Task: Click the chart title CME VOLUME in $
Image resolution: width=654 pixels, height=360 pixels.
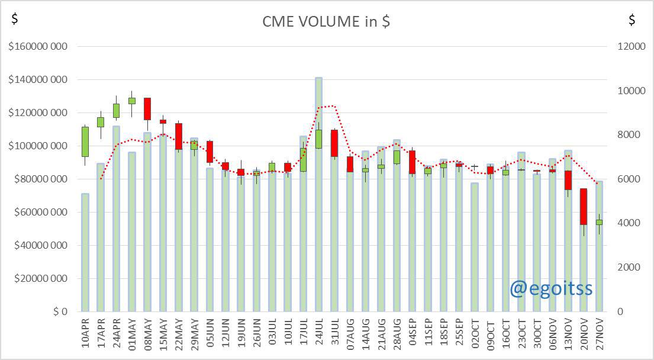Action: pyautogui.click(x=326, y=21)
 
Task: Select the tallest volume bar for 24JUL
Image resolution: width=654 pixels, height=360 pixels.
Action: pyautogui.click(x=318, y=194)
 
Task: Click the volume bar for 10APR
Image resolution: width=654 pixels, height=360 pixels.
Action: pyautogui.click(x=85, y=252)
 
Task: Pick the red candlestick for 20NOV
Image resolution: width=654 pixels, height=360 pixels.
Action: pyautogui.click(x=584, y=207)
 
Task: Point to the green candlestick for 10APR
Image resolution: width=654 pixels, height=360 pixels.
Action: pyautogui.click(x=85, y=142)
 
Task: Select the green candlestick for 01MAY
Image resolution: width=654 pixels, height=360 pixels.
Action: pyautogui.click(x=132, y=101)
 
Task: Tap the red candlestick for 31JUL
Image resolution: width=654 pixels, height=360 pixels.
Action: pyautogui.click(x=334, y=143)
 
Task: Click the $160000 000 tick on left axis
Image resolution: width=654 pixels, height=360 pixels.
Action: pyautogui.click(x=37, y=46)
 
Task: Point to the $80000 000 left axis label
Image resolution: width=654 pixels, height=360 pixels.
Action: pyautogui.click(x=40, y=179)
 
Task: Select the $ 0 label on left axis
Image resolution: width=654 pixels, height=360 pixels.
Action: pyautogui.click(x=60, y=311)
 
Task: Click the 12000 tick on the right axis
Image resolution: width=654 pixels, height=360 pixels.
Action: pyautogui.click(x=631, y=46)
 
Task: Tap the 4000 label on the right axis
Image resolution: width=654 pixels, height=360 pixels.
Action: pyautogui.click(x=629, y=223)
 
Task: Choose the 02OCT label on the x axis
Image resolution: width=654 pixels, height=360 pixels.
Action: pyautogui.click(x=475, y=334)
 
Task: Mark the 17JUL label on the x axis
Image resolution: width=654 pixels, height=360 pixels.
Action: pyautogui.click(x=303, y=334)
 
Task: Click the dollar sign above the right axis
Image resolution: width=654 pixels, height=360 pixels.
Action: pyautogui.click(x=632, y=19)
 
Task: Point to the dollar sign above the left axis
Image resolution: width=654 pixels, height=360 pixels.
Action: pyautogui.click(x=15, y=18)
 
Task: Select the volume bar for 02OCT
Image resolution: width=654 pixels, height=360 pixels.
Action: pyautogui.click(x=474, y=247)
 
